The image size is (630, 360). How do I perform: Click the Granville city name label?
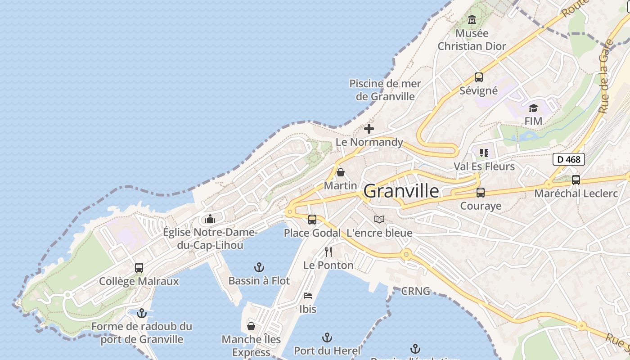pyautogui.click(x=401, y=191)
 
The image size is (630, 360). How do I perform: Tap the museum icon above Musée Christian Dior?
pyautogui.click(x=472, y=20)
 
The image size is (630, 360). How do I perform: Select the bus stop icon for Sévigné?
pyautogui.click(x=478, y=77)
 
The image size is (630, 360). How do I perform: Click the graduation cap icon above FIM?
pyautogui.click(x=533, y=108)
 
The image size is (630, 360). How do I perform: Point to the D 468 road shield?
pyautogui.click(x=568, y=159)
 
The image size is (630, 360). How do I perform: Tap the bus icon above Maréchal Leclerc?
pyautogui.click(x=576, y=180)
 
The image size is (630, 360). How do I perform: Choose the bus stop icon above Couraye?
pyautogui.click(x=480, y=193)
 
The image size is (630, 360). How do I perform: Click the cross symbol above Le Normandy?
pyautogui.click(x=369, y=129)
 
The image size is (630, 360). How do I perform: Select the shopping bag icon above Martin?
pyautogui.click(x=341, y=172)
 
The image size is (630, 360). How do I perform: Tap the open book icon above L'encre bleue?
pyautogui.click(x=379, y=220)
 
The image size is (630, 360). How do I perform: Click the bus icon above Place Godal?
pyautogui.click(x=312, y=220)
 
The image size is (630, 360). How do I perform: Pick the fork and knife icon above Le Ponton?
pyautogui.click(x=328, y=252)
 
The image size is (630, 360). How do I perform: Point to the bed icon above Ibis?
pyautogui.click(x=308, y=296)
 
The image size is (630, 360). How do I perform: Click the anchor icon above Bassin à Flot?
pyautogui.click(x=259, y=267)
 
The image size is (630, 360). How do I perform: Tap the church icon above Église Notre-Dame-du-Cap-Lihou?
pyautogui.click(x=210, y=219)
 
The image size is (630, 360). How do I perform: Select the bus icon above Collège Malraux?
pyautogui.click(x=139, y=268)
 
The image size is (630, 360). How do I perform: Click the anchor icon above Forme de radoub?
pyautogui.click(x=142, y=313)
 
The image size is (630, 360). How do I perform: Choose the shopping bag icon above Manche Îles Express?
pyautogui.click(x=251, y=326)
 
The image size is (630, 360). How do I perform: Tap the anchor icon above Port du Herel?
pyautogui.click(x=327, y=337)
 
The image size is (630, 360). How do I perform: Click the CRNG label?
pyautogui.click(x=415, y=291)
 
